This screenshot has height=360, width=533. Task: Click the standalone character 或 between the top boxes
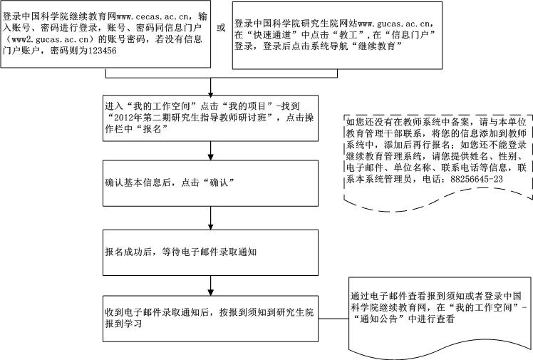221,28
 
